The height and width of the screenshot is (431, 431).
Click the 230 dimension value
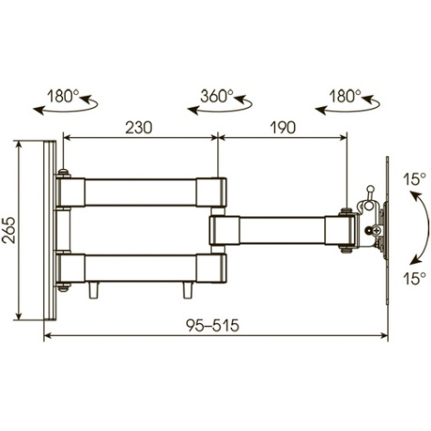[x=139, y=128]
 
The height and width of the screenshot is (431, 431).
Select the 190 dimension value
[x=283, y=128]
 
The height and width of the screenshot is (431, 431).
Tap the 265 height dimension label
[x=8, y=230]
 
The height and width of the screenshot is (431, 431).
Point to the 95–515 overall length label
[x=213, y=325]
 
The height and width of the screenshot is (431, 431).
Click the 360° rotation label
[x=217, y=96]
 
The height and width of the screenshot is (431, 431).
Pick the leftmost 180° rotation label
[x=63, y=97]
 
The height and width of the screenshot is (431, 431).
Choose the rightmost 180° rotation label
[x=345, y=97]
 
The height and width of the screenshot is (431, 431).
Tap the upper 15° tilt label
[x=415, y=179]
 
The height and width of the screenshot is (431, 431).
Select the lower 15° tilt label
[x=415, y=279]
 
